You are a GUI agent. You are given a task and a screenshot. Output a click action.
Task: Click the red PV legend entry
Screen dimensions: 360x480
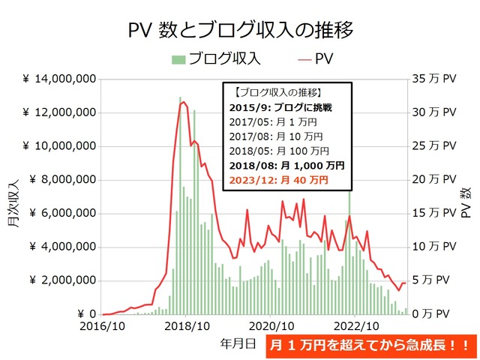(316, 58)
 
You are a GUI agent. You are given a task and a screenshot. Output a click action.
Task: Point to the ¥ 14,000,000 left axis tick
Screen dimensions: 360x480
(58, 79)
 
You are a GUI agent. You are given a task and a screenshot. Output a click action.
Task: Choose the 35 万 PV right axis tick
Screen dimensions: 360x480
(434, 79)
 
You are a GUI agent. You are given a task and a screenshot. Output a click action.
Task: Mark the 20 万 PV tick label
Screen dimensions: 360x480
(434, 180)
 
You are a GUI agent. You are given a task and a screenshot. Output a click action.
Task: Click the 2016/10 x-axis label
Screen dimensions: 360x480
(103, 326)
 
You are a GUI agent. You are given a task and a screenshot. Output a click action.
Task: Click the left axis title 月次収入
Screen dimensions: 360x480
(14, 196)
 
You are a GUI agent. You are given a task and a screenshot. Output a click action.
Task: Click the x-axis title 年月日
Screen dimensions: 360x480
(238, 343)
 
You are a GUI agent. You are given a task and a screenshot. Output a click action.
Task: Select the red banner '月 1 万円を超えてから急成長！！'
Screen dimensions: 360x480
(370, 346)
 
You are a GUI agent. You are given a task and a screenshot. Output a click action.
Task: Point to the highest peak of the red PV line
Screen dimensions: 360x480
(182, 102)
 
